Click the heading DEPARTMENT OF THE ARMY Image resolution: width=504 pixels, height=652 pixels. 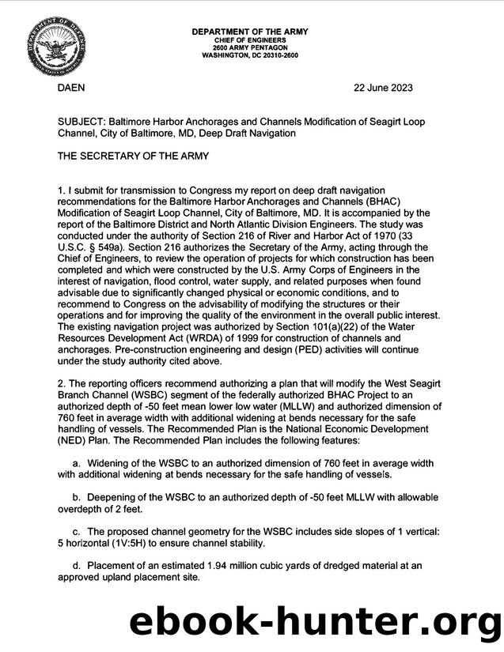pos(250,31)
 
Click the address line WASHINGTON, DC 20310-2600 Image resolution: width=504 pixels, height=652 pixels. pos(250,56)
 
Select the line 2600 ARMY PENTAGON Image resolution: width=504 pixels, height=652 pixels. pos(250,47)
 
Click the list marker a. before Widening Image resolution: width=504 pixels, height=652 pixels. pos(77,462)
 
